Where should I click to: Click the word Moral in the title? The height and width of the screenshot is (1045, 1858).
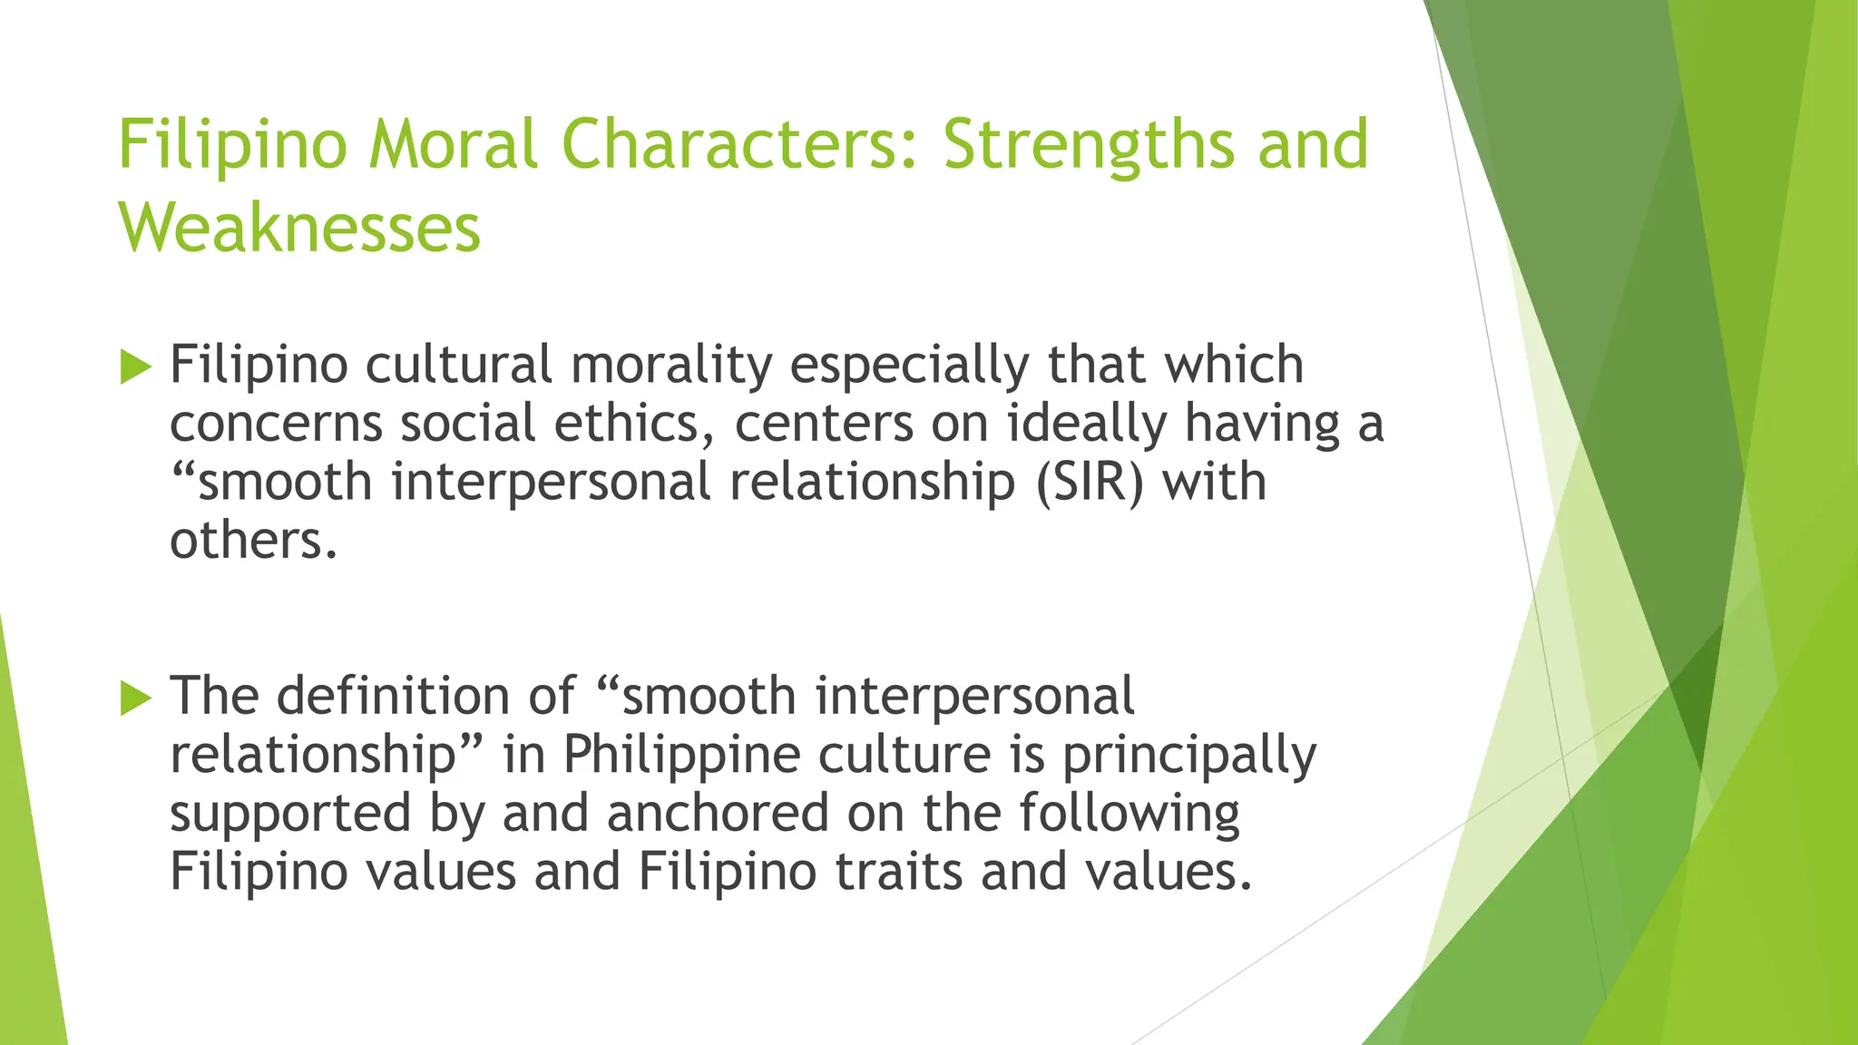(453, 144)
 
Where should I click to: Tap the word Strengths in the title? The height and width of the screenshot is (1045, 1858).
(1089, 144)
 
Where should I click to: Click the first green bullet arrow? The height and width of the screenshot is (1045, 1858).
(135, 367)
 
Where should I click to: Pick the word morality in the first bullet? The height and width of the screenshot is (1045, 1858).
(671, 365)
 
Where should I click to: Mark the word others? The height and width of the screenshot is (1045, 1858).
(253, 541)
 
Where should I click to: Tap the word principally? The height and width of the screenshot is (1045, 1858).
(1189, 755)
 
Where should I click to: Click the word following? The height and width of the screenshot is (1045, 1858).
(1129, 814)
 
